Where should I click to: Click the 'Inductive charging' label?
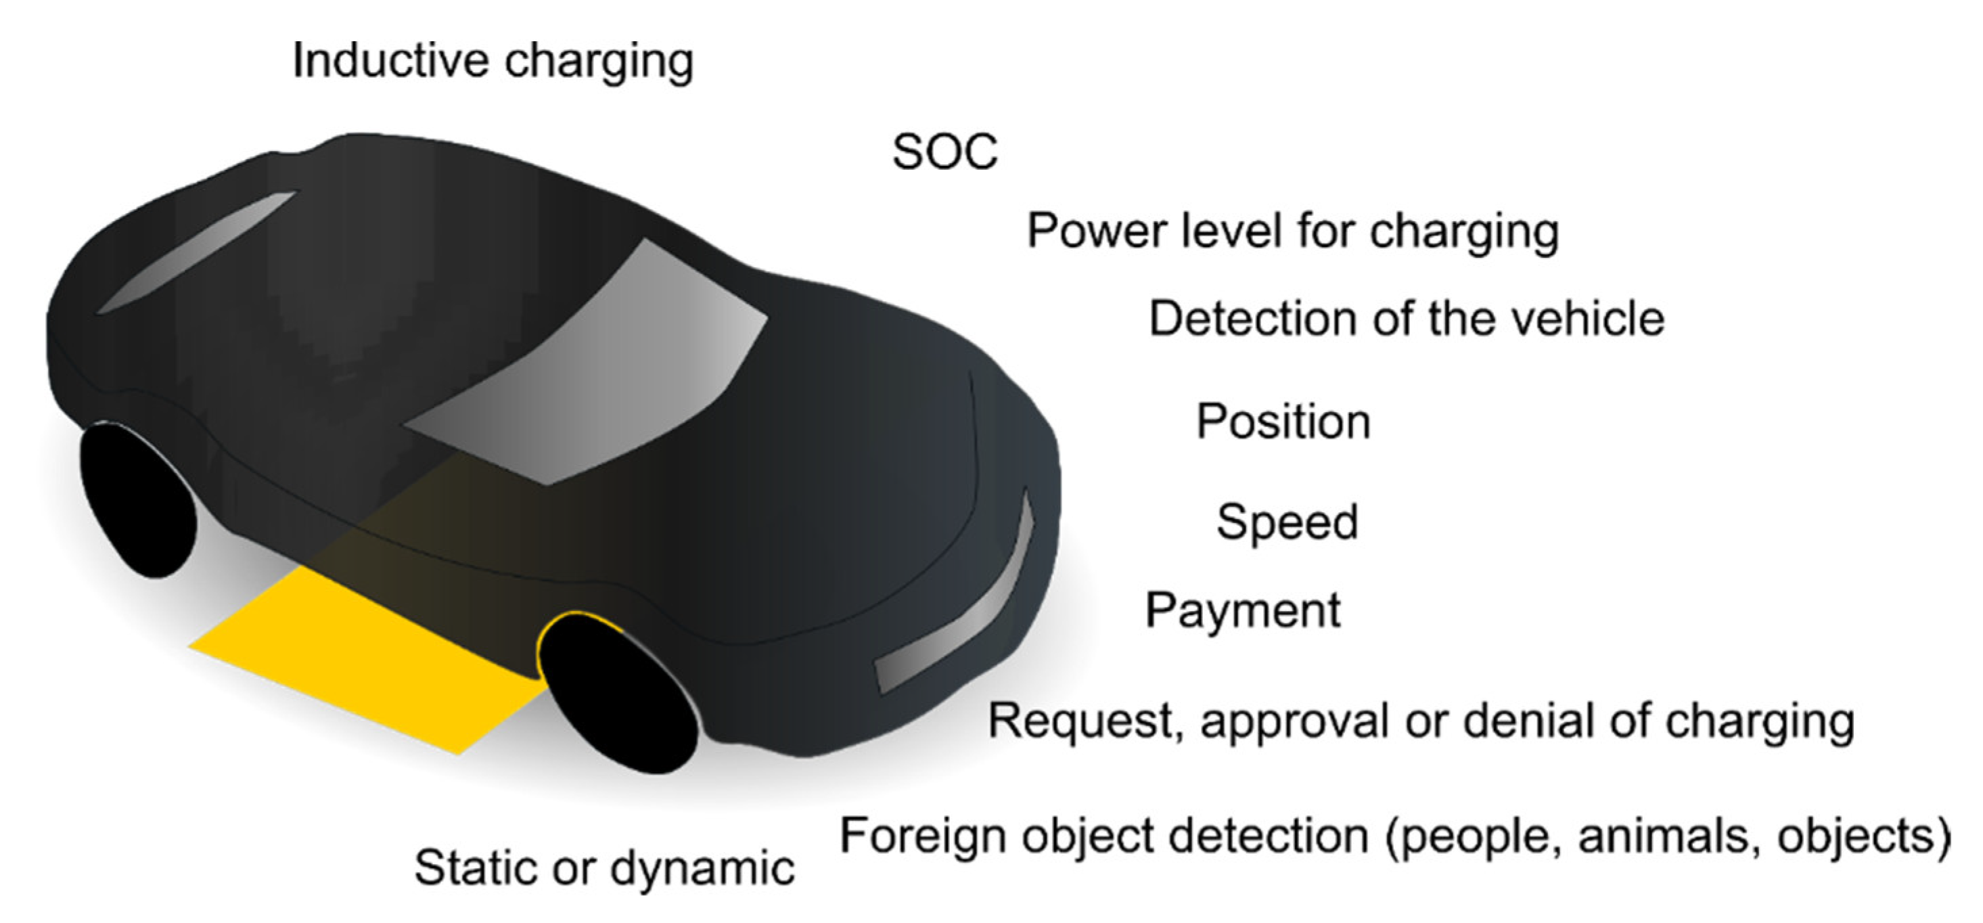pyautogui.click(x=493, y=62)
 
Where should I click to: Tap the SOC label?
pyautogui.click(x=944, y=152)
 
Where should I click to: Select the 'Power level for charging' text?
pyautogui.click(x=1294, y=231)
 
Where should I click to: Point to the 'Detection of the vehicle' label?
pyautogui.click(x=1407, y=319)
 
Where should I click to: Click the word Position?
pyautogui.click(x=1283, y=422)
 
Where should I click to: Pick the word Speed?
pyautogui.click(x=1287, y=522)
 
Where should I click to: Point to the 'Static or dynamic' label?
pyautogui.click(x=604, y=868)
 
